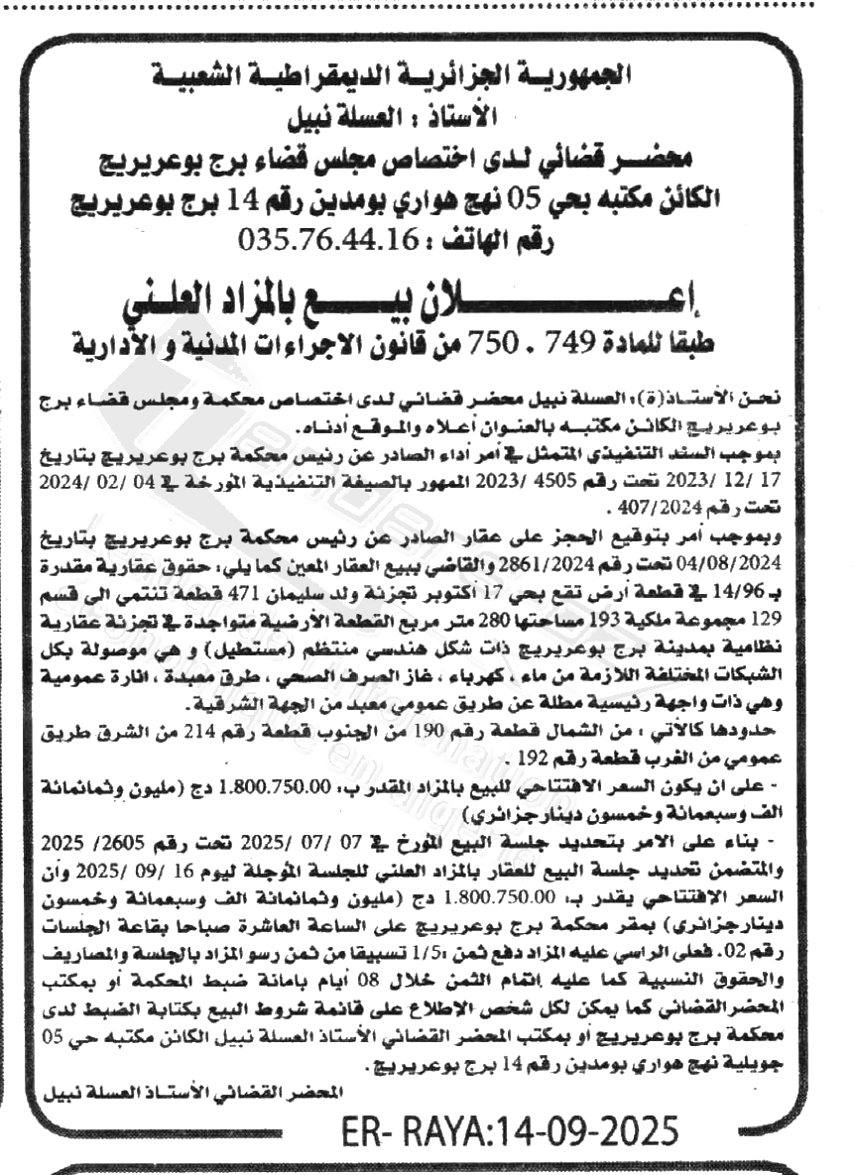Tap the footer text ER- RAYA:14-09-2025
point(511,1130)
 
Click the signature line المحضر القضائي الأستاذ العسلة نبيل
point(199,1090)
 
